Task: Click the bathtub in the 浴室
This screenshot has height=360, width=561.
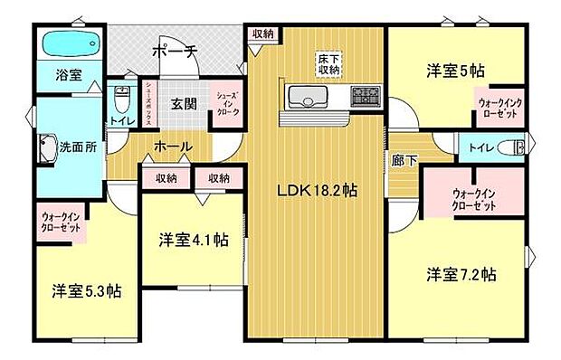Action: (x=67, y=43)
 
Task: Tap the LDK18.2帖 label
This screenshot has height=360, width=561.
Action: (x=316, y=191)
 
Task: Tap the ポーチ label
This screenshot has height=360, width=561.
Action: (x=174, y=52)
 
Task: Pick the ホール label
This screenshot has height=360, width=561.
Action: (x=172, y=146)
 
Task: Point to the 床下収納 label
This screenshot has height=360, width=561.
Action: (x=328, y=65)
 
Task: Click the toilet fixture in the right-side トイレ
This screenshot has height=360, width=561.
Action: (x=516, y=147)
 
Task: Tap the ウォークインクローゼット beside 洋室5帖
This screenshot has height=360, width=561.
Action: (x=498, y=109)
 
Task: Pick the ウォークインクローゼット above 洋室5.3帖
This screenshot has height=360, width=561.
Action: (x=60, y=223)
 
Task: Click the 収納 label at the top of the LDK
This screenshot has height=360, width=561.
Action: (x=263, y=33)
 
